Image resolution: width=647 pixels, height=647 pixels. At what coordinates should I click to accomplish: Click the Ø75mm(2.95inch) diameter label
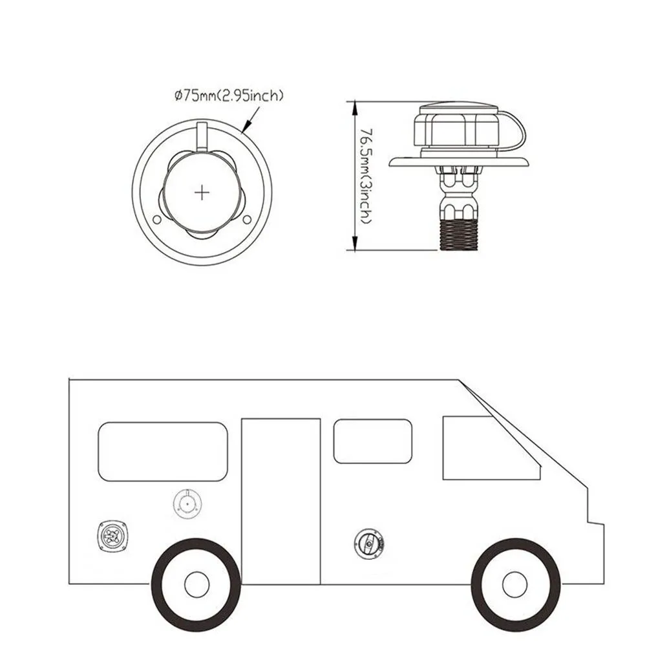tap(229, 97)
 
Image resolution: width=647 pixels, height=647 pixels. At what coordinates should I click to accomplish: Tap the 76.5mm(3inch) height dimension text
tap(365, 175)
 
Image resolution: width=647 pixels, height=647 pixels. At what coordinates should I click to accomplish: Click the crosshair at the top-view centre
tap(203, 192)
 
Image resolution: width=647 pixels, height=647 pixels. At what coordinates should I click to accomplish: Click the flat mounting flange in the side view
tap(460, 163)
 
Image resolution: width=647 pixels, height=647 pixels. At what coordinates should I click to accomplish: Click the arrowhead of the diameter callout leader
tap(246, 129)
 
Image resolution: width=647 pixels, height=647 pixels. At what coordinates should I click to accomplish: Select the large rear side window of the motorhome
tap(162, 452)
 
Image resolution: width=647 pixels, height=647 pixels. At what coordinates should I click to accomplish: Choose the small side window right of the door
tap(372, 441)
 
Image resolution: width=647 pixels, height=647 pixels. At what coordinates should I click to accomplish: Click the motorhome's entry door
tap(281, 501)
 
